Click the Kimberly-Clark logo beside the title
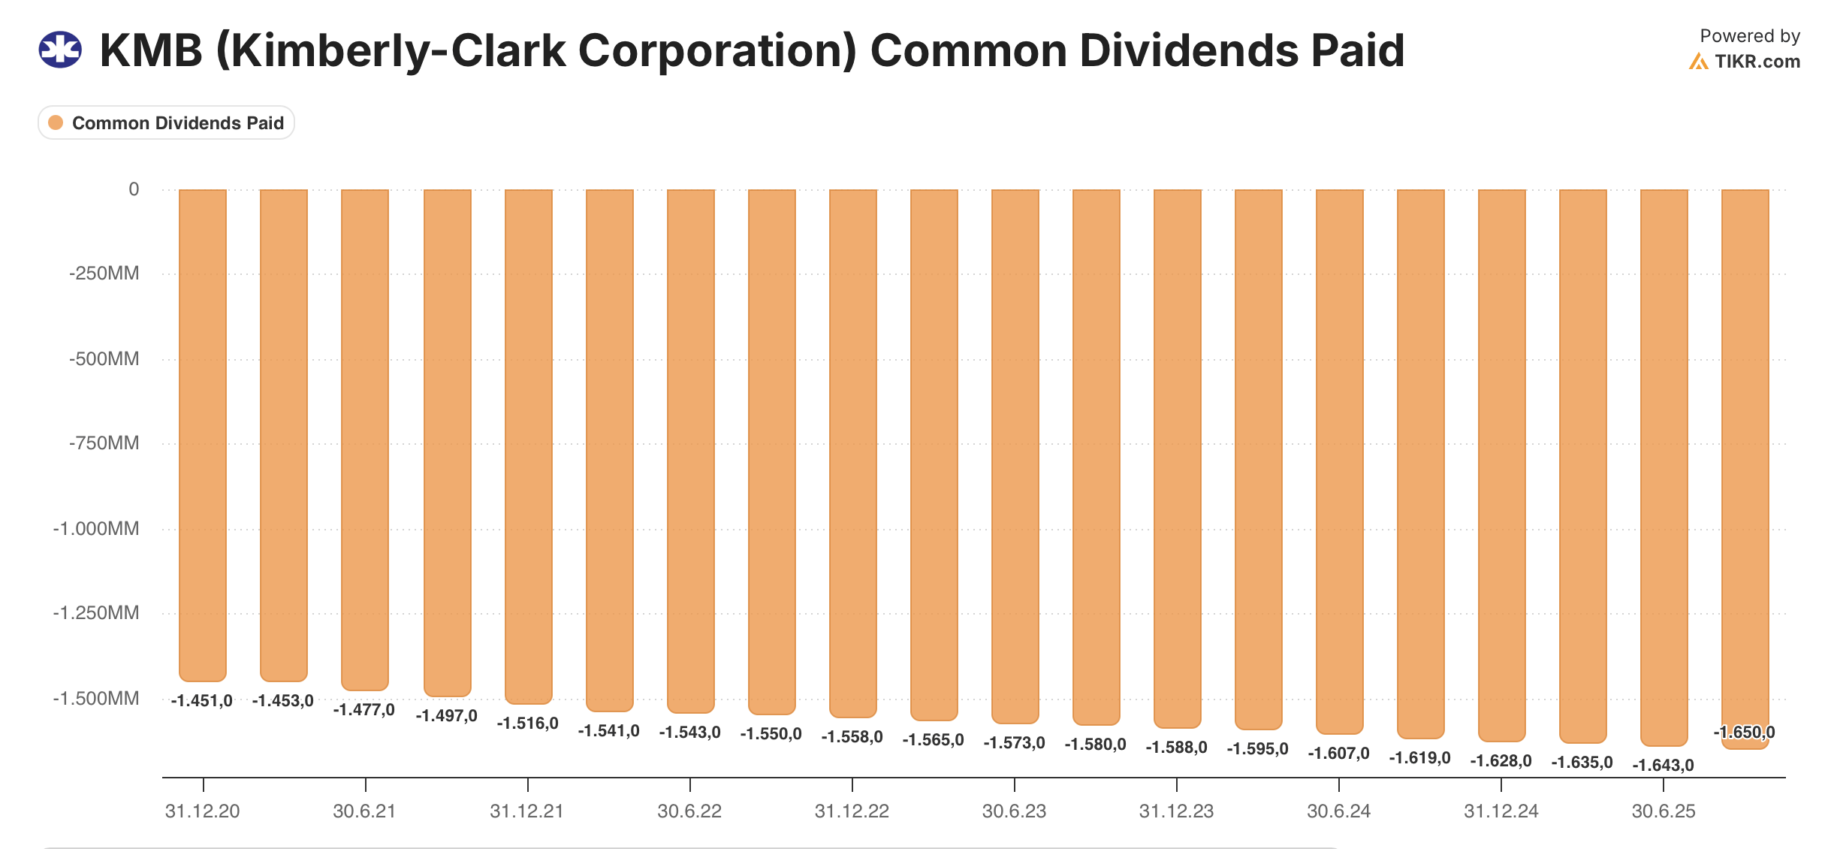pyautogui.click(x=60, y=50)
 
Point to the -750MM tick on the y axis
pyautogui.click(x=104, y=443)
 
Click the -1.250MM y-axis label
pyautogui.click(x=96, y=613)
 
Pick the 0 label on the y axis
pyautogui.click(x=134, y=189)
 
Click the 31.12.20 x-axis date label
pyautogui.click(x=203, y=811)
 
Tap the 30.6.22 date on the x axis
pyautogui.click(x=689, y=811)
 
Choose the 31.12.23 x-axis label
pyautogui.click(x=1176, y=811)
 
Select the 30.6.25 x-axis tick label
pyautogui.click(x=1664, y=811)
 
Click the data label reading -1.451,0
pyautogui.click(x=202, y=701)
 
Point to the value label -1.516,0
pyautogui.click(x=527, y=724)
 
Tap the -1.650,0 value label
pyautogui.click(x=1744, y=733)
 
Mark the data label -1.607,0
pyautogui.click(x=1338, y=754)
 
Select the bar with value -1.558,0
pyautogui.click(x=852, y=451)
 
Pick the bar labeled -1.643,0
pyautogui.click(x=1664, y=466)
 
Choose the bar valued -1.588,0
pyautogui.click(x=1177, y=458)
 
